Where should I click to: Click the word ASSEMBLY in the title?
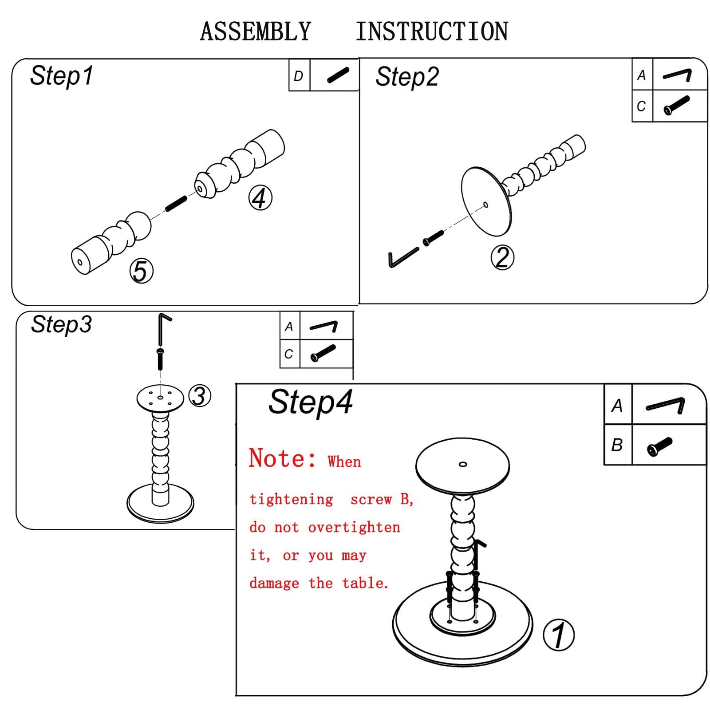(256, 32)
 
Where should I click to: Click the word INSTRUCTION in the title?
(432, 32)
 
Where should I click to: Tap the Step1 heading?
(62, 76)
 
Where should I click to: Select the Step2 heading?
(407, 77)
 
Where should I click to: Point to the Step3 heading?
(61, 324)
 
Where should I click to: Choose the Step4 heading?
(311, 402)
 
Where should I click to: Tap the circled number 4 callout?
(260, 197)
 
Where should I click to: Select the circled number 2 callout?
(502, 257)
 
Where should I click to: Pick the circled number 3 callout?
(200, 396)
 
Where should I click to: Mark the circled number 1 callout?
(559, 635)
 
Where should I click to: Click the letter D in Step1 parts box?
(299, 76)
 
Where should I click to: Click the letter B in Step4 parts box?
(617, 445)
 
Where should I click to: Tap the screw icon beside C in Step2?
(677, 106)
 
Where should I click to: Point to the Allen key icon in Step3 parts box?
(324, 327)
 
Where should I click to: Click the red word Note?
(283, 458)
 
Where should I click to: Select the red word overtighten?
(354, 527)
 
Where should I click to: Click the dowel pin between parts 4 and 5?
(176, 204)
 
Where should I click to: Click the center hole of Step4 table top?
(463, 464)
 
